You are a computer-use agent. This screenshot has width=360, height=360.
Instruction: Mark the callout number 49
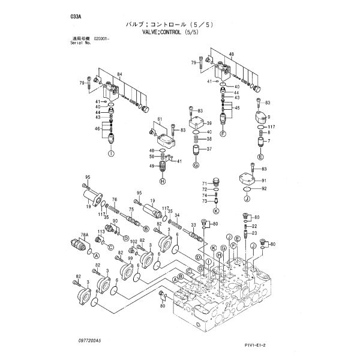[152, 166]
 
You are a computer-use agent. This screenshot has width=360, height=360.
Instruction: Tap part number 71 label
[203, 183]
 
